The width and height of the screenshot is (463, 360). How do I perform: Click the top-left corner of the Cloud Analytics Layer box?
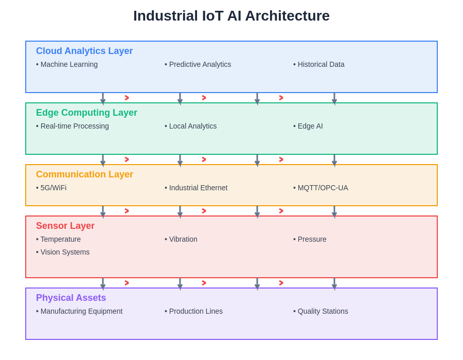point(26,41)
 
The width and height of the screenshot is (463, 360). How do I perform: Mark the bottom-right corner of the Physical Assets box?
point(437,339)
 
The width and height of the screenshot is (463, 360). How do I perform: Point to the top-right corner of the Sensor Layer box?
point(437,216)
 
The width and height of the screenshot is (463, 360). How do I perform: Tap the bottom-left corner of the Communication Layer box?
point(26,206)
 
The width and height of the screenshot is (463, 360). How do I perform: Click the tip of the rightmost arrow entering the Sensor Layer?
point(334,219)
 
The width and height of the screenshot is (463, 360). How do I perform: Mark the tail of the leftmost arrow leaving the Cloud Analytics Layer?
point(103,93)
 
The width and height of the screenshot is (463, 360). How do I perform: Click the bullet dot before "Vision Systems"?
point(37,253)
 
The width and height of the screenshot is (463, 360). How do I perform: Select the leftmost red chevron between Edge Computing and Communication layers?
point(127,159)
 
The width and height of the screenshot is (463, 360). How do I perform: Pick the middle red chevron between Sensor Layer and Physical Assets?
point(204,283)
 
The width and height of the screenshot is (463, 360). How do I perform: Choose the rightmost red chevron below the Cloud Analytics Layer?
point(281,98)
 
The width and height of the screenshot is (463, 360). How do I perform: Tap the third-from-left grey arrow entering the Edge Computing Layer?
point(257,99)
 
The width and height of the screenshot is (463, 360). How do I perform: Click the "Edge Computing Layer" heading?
point(86,113)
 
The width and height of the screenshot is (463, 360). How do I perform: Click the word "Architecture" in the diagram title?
point(287,16)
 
